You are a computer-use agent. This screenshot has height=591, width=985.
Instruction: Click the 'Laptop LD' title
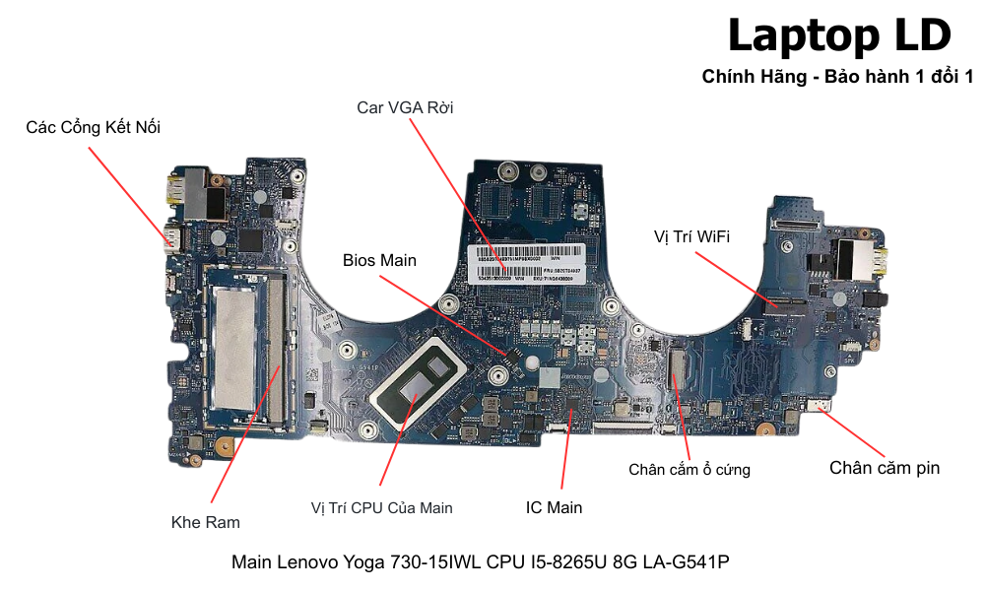839,36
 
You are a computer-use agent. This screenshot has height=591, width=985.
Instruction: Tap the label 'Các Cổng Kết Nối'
94,127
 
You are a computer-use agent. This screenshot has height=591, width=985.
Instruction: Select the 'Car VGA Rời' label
405,106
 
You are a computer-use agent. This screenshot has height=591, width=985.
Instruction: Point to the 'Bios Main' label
379,260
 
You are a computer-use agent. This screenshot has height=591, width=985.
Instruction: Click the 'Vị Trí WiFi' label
691,236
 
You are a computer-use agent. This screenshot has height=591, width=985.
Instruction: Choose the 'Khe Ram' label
205,522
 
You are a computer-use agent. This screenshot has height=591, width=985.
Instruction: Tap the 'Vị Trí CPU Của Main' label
381,507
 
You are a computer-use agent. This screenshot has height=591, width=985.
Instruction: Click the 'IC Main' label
554,507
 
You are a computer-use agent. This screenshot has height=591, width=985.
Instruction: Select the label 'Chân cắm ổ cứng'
689,470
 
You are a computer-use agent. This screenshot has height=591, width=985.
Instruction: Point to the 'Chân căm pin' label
884,468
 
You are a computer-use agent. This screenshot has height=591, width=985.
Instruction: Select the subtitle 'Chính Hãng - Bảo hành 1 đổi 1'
837,77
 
